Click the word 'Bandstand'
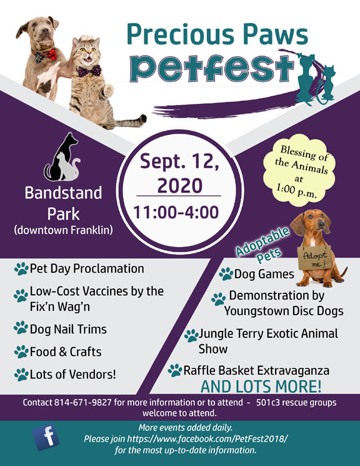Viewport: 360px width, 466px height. point(62,193)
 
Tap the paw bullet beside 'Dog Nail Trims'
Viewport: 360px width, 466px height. point(21,327)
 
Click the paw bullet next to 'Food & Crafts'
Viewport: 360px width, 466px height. point(21,352)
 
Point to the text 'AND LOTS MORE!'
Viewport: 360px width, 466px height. point(261,385)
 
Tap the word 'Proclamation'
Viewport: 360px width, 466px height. point(111,268)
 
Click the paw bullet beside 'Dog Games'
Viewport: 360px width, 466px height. point(226,274)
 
